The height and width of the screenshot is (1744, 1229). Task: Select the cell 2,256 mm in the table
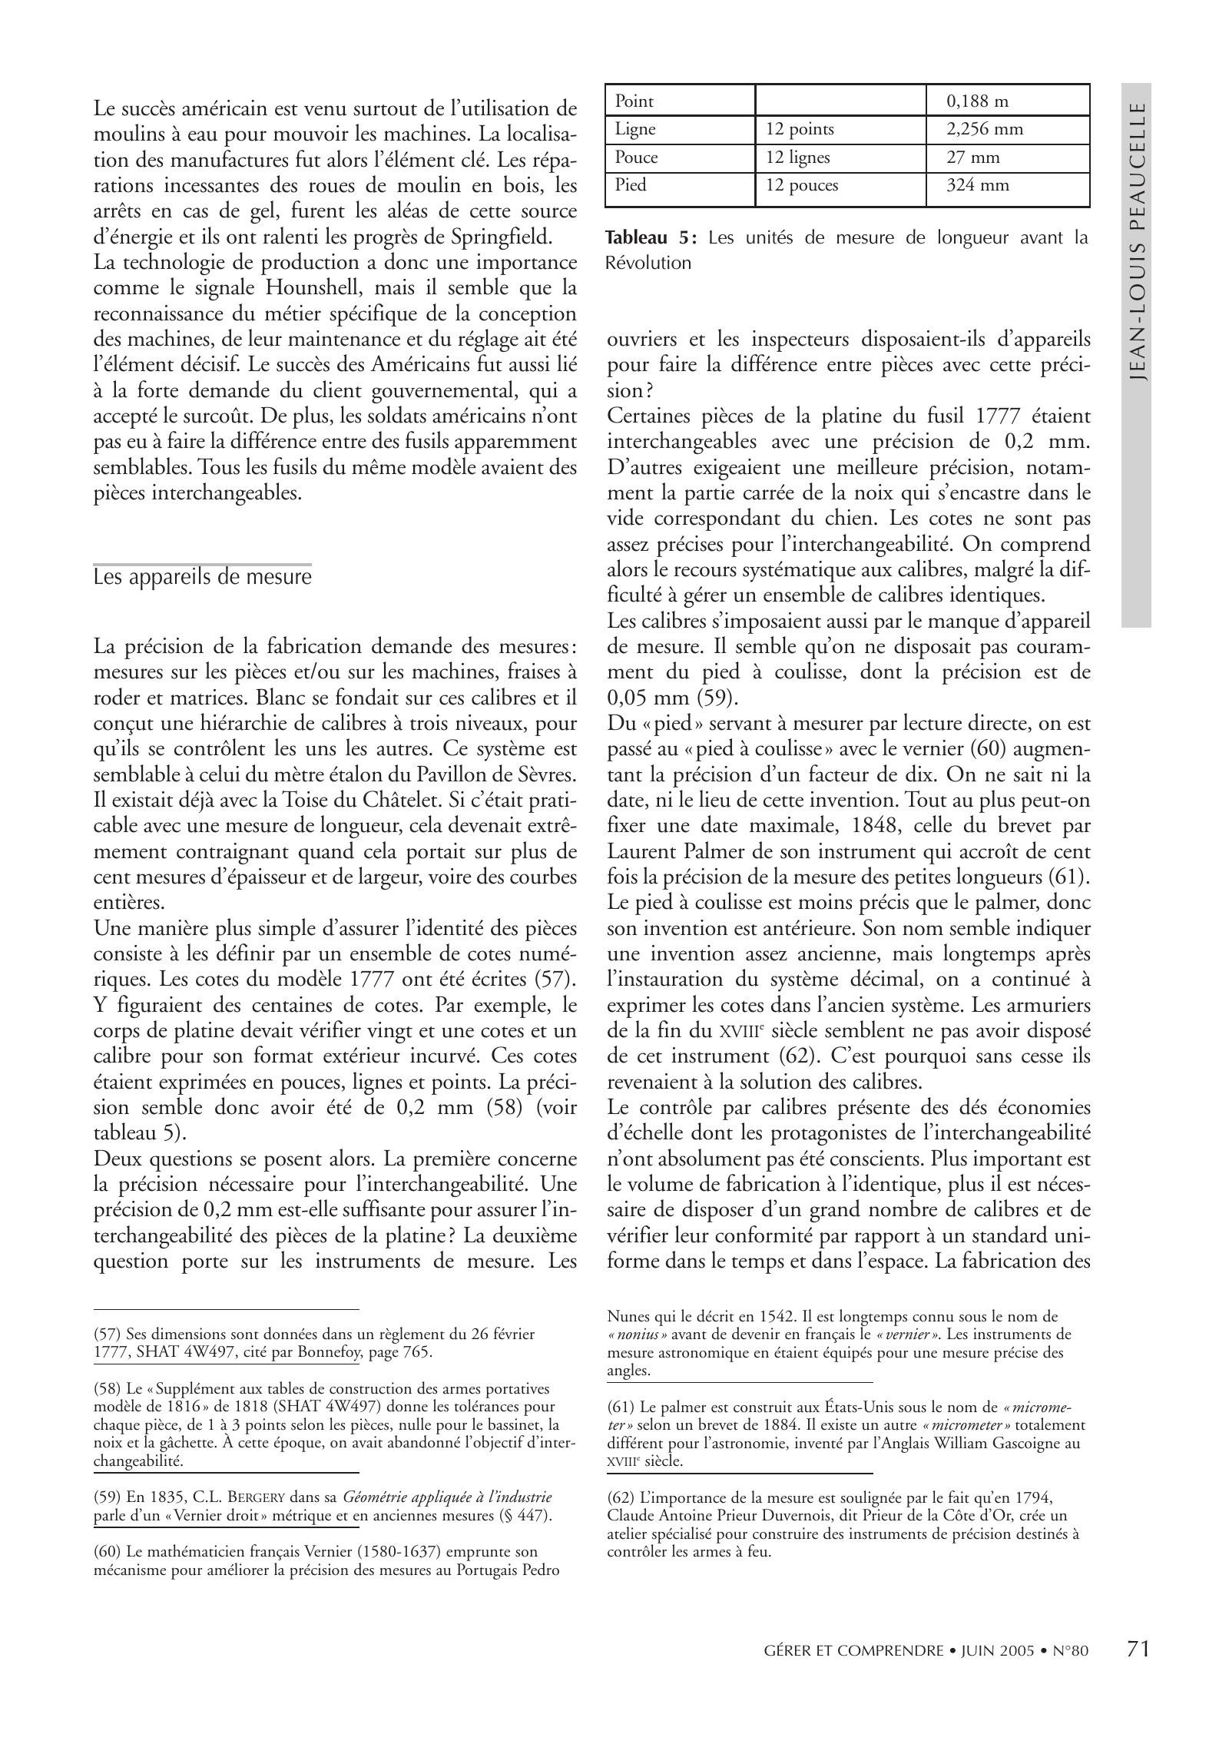(985, 128)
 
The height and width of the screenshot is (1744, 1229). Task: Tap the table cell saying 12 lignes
(797, 157)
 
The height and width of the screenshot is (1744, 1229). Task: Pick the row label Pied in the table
(631, 185)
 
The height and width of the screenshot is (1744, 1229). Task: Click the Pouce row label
(636, 157)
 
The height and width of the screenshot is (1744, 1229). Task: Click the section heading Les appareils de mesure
(202, 576)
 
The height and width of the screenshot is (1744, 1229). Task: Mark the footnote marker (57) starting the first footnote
(108, 1335)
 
